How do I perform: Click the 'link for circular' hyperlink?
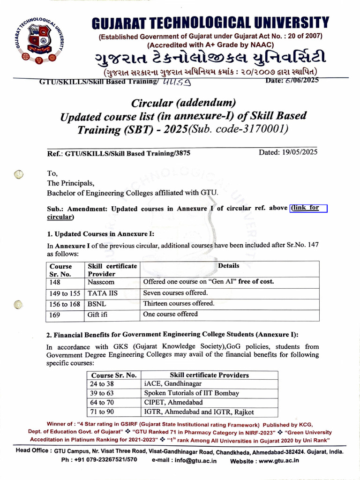[x=308, y=208]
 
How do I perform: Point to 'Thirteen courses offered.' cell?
[x=179, y=303]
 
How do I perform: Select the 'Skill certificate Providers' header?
[x=209, y=375]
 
